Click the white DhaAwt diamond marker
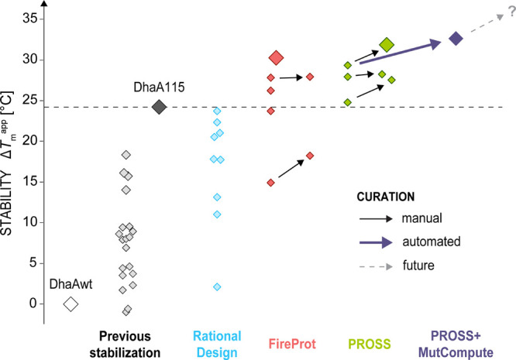coord(71,303)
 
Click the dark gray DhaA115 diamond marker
coord(159,107)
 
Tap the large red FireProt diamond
coord(277,57)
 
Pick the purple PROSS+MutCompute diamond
coord(456,38)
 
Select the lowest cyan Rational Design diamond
coord(218,286)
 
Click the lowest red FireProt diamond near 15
coord(270,183)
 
